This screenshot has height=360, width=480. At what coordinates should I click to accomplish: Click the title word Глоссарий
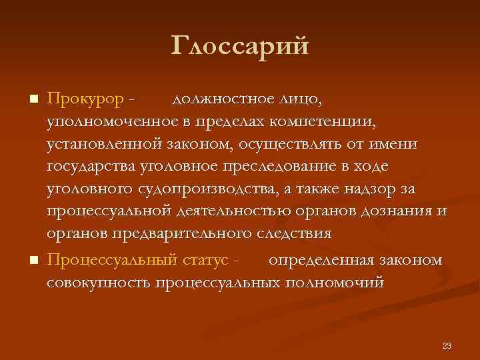click(240, 46)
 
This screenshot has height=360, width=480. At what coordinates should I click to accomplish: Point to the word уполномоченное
click(115, 122)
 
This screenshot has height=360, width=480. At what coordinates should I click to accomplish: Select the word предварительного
click(177, 234)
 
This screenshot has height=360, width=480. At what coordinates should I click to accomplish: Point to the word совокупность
click(98, 281)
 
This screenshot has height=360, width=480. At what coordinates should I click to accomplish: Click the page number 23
click(446, 345)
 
